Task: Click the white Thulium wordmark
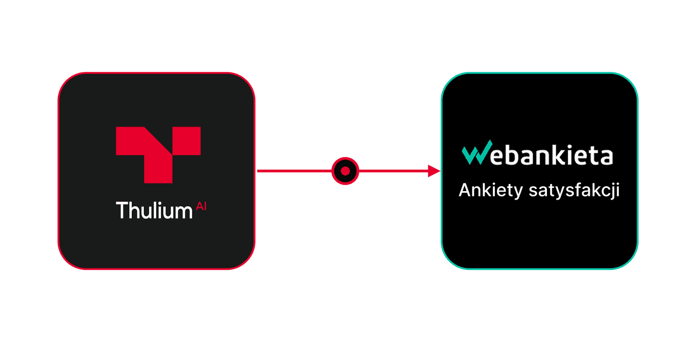(x=154, y=210)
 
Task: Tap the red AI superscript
(x=201, y=206)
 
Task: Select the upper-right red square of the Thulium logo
(x=187, y=141)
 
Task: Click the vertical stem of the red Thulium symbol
(x=158, y=168)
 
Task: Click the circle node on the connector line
(x=345, y=171)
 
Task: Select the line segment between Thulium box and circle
(x=294, y=171)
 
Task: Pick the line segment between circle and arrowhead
(x=394, y=171)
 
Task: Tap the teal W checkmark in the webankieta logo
(x=477, y=152)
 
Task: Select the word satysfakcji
(x=574, y=190)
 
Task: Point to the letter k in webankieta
(x=555, y=155)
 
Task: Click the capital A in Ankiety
(x=466, y=190)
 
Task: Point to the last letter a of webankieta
(x=606, y=157)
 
